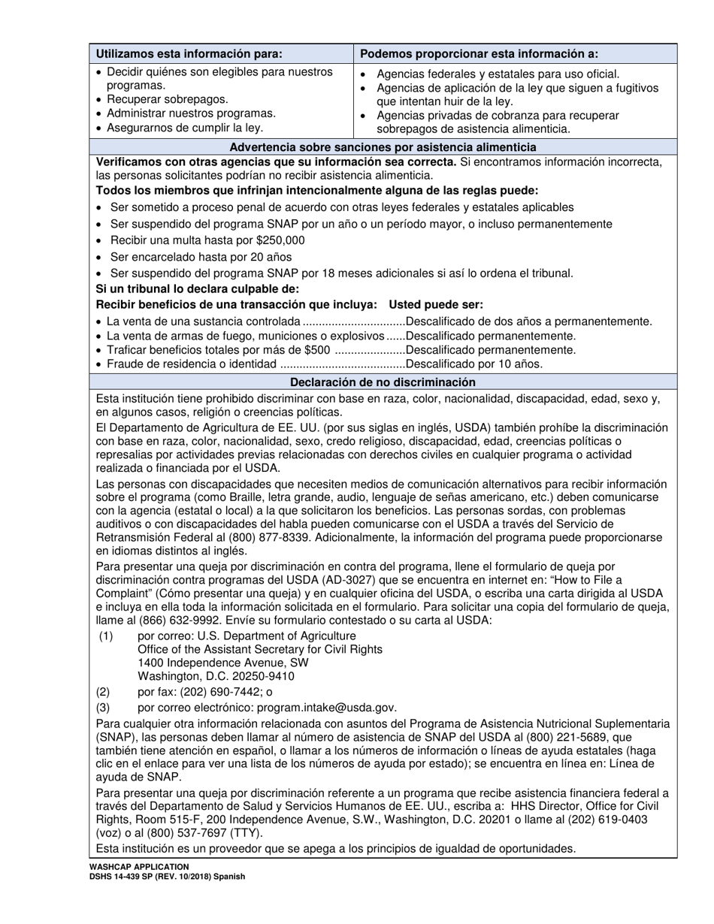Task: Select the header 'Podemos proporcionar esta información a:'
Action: tap(480, 53)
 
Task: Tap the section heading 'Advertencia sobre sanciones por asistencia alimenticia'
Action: tap(383, 147)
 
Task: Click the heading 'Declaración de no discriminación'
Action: tap(383, 382)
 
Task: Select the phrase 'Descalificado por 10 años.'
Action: tap(473, 364)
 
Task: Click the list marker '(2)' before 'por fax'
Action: tap(103, 692)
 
